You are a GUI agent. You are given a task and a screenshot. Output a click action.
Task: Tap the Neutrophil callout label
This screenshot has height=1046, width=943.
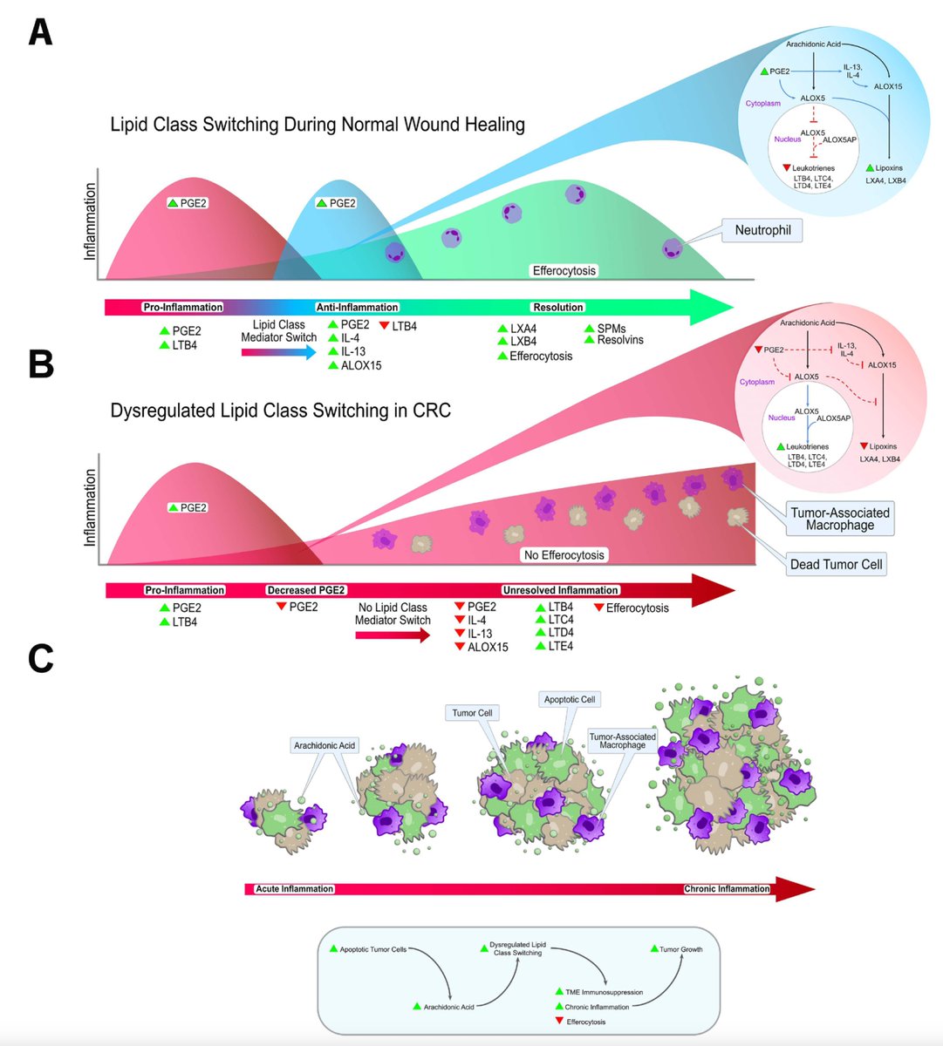click(x=762, y=231)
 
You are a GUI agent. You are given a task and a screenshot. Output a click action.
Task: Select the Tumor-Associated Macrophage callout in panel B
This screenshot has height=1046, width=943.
click(x=839, y=519)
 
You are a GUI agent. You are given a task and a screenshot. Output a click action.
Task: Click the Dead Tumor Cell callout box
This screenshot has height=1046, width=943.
click(x=836, y=564)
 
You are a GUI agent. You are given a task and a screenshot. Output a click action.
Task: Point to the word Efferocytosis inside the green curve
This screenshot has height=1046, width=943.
click(x=564, y=270)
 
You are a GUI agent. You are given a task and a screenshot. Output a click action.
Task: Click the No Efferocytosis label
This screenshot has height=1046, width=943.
click(x=564, y=554)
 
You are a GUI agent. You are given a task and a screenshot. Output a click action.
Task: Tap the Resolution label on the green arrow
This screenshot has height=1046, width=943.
click(x=557, y=307)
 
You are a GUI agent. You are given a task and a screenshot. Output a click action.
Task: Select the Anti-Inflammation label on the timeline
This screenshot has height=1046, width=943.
click(x=357, y=307)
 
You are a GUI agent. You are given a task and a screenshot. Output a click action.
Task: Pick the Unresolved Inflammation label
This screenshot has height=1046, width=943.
click(x=561, y=590)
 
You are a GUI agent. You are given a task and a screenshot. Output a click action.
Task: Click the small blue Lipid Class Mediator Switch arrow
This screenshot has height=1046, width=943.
click(x=279, y=352)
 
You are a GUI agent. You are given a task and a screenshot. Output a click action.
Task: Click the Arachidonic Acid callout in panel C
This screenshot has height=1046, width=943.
click(x=325, y=746)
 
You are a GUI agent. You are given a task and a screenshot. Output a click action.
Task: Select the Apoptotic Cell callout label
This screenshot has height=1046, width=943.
click(x=571, y=699)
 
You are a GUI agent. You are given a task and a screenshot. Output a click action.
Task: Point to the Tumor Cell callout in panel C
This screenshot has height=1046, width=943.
click(x=472, y=713)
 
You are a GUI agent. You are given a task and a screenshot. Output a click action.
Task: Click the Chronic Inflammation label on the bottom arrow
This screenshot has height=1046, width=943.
click(x=727, y=889)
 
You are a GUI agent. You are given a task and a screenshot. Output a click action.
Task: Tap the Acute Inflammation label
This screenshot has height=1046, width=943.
click(x=294, y=889)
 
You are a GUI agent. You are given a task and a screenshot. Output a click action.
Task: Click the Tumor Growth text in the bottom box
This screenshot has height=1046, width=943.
click(x=680, y=949)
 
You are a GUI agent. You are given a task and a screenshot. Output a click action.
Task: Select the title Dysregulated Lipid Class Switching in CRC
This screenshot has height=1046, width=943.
click(x=281, y=410)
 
